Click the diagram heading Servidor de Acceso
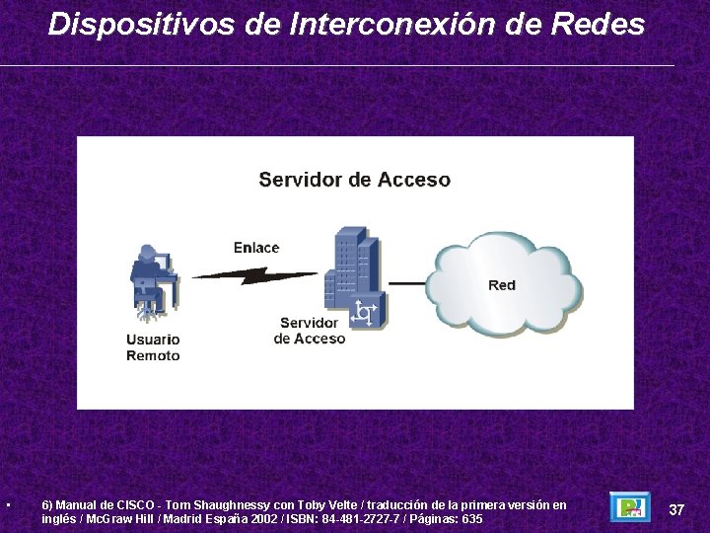(x=354, y=180)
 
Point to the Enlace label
(x=256, y=248)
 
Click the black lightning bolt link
(x=254, y=275)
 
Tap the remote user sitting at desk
(x=153, y=281)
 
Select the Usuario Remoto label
(x=153, y=347)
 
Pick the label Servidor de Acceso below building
(x=310, y=331)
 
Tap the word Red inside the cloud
(x=502, y=285)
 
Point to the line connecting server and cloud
(x=407, y=284)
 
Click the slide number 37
(x=676, y=509)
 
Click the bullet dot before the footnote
(x=8, y=506)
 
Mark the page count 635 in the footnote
(x=472, y=519)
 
